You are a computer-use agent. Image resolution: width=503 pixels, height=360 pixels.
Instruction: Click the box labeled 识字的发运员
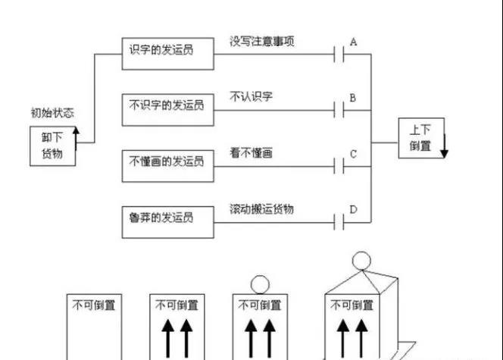167,50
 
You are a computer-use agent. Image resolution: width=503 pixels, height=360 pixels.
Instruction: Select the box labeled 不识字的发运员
167,106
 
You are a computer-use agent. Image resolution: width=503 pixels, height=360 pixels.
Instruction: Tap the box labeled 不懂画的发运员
167,161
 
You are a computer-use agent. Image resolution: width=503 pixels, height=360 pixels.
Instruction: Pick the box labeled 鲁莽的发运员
167,218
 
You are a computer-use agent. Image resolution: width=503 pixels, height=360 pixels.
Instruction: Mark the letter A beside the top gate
353,42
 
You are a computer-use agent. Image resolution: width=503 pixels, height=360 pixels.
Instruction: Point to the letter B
353,98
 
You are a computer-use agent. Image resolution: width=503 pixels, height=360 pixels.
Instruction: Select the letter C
353,154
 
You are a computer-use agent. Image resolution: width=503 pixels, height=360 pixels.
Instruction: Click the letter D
353,209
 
